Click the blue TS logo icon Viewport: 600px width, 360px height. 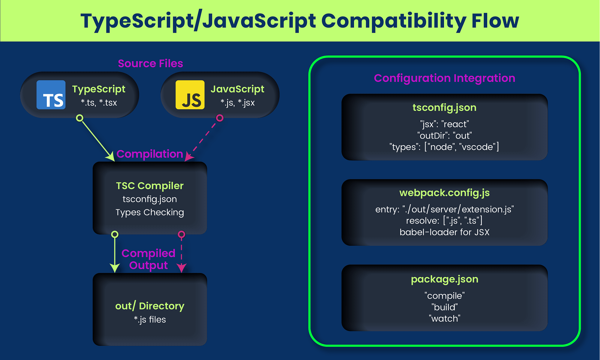[51, 95]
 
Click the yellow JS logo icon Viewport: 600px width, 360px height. [190, 95]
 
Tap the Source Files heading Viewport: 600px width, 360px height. [150, 64]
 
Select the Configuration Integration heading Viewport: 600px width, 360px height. [444, 78]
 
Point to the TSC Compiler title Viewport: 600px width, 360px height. [150, 186]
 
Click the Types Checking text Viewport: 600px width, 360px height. [150, 212]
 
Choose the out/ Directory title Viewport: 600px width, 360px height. [150, 306]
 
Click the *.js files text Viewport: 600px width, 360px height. [150, 320]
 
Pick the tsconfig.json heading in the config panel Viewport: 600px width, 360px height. [444, 108]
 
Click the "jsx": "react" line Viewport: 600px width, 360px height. [444, 124]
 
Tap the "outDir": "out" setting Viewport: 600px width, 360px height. [444, 136]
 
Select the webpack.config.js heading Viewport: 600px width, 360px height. [444, 193]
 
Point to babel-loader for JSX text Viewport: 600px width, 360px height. [444, 232]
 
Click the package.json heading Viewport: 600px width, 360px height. [444, 279]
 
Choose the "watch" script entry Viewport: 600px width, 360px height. [444, 319]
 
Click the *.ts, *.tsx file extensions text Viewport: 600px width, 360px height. [99, 103]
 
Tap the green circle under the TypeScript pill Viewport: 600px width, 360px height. [79, 118]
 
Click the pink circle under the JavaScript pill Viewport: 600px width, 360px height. [220, 118]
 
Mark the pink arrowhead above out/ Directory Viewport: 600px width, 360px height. [181, 268]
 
